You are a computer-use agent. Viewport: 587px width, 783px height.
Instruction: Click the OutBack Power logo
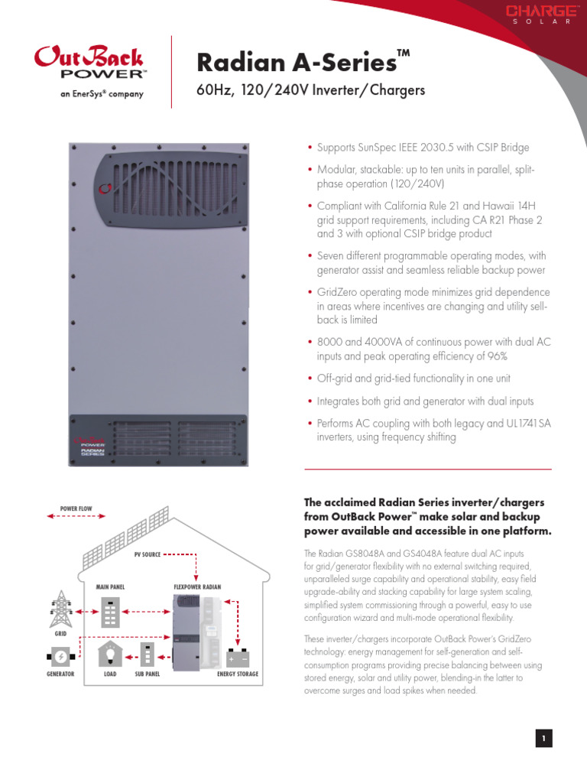[91, 63]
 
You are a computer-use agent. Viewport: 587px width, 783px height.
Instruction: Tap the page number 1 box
[543, 738]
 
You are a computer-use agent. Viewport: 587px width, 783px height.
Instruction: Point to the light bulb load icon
[110, 654]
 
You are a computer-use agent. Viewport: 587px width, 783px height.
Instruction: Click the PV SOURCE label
[148, 554]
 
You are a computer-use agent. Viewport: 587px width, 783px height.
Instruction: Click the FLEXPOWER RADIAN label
[197, 586]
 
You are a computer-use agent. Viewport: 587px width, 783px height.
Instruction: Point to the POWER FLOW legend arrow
[76, 517]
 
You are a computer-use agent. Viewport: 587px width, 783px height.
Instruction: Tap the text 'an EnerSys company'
[91, 95]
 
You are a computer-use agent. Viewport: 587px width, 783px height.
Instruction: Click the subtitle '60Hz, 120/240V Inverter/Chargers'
[310, 91]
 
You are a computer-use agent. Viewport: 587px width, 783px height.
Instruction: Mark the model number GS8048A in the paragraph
[352, 552]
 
